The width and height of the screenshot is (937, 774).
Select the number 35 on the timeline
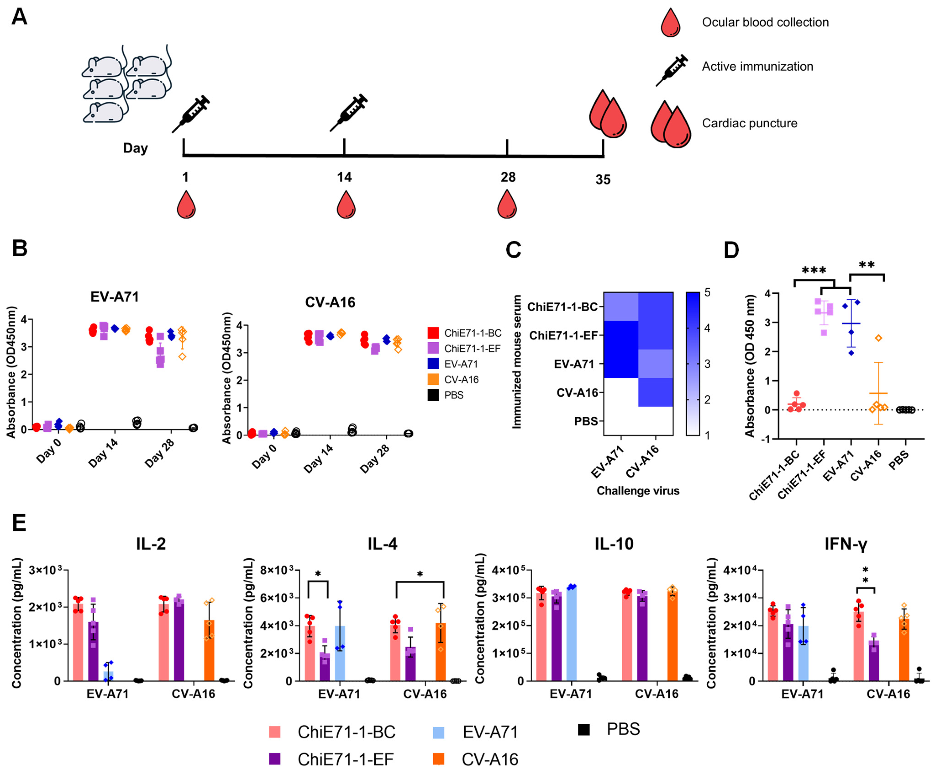[603, 180]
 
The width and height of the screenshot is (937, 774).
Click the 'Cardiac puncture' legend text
[749, 123]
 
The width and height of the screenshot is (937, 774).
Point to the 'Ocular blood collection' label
[765, 22]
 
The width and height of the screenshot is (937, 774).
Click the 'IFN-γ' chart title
[846, 544]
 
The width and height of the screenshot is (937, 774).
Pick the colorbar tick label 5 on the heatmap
[707, 293]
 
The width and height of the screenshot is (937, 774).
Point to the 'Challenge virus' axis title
[638, 491]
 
